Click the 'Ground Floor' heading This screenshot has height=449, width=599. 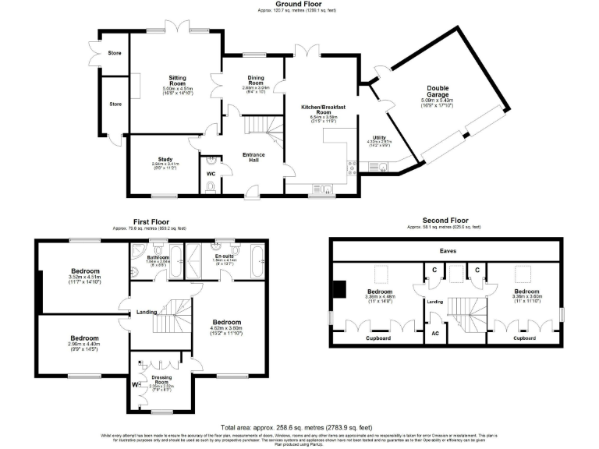point(299,4)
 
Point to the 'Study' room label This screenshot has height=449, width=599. point(165,158)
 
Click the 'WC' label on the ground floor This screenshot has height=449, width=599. point(211,173)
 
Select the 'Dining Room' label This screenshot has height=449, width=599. point(256,80)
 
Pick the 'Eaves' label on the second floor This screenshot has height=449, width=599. point(448,252)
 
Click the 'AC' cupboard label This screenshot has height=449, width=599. point(434,333)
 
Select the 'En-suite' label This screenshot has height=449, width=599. point(225,256)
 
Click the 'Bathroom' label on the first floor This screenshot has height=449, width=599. point(159,256)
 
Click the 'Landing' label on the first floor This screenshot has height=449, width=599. point(147,313)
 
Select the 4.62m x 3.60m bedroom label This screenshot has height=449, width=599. point(225,322)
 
